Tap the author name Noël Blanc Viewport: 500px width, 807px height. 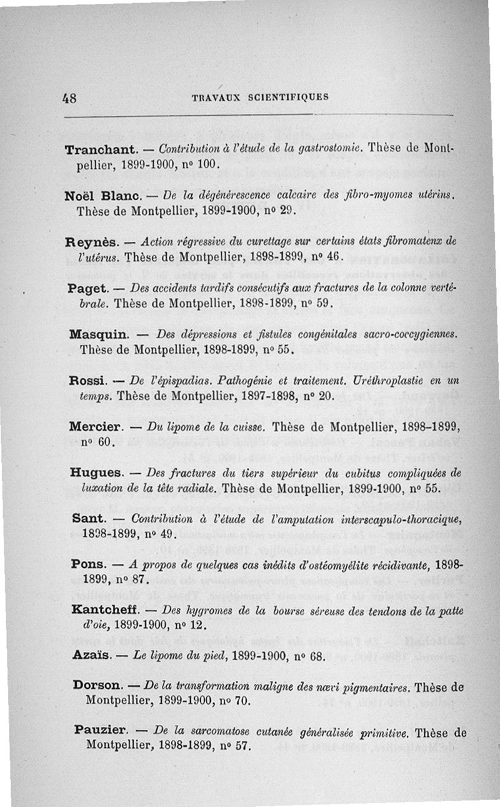click(x=102, y=196)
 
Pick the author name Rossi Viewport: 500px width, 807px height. click(x=87, y=381)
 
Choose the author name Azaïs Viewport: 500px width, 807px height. click(x=91, y=655)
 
